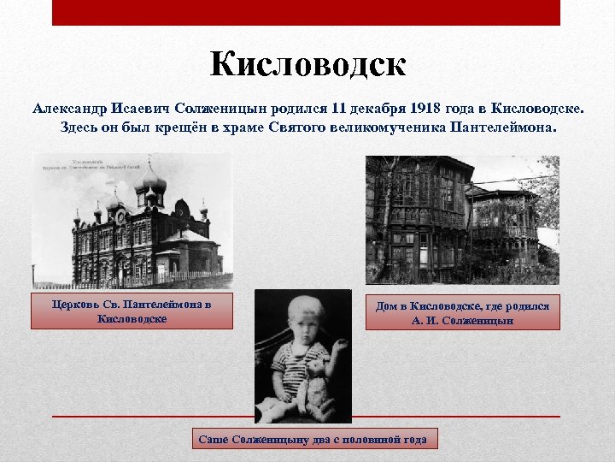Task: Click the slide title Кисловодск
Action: coord(307,64)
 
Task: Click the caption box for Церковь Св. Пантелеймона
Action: coord(132,311)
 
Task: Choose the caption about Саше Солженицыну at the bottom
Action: coord(312,439)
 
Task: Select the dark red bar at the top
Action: coord(306,12)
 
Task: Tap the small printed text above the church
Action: coord(94,164)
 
